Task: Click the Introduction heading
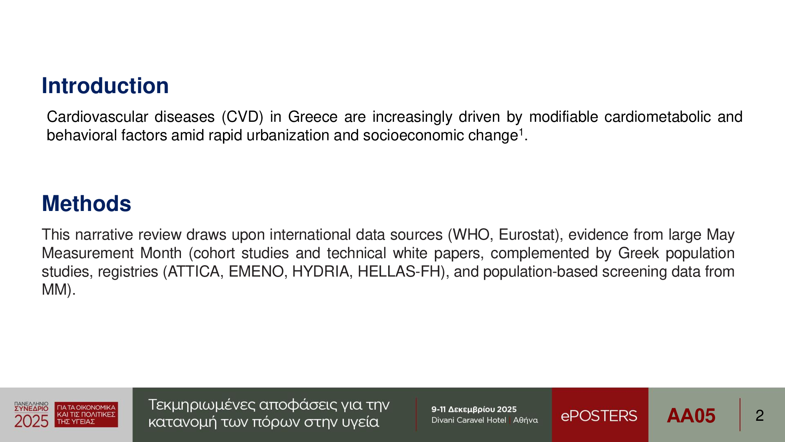105,86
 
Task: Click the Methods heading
86,204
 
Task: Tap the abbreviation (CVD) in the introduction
242,117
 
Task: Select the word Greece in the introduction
313,117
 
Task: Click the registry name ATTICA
194,271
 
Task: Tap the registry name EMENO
256,271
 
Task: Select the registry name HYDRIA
320,271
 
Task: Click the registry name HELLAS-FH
399,271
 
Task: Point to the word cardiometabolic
657,117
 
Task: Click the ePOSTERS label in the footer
599,416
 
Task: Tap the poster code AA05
691,416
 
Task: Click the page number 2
759,416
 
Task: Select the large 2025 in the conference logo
31,421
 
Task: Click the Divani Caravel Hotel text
469,420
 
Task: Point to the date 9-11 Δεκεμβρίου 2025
474,409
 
